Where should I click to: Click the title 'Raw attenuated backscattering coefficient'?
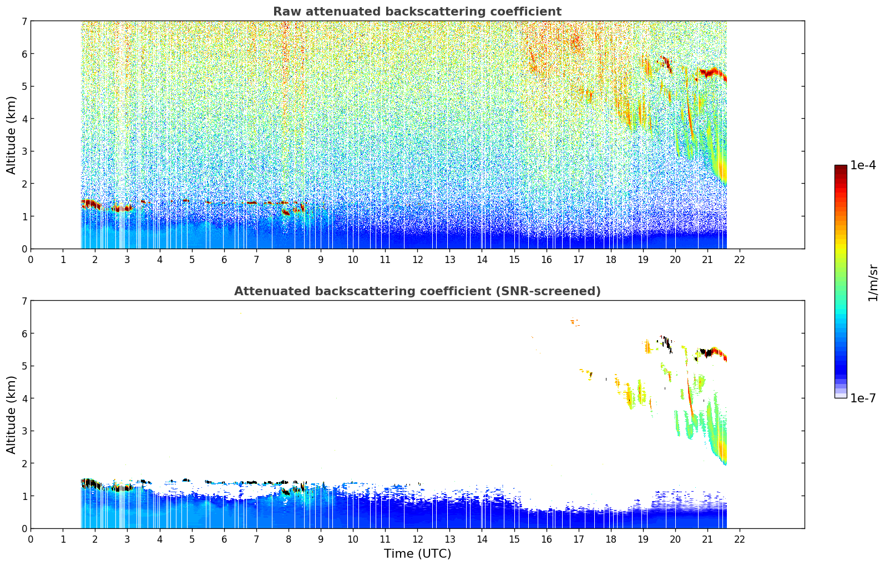pyautogui.click(x=417, y=12)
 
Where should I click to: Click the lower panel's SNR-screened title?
pyautogui.click(x=417, y=291)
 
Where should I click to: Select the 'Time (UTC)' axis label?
pyautogui.click(x=417, y=554)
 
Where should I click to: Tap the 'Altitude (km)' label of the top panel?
pyautogui.click(x=12, y=135)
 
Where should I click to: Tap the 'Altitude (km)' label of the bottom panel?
pyautogui.click(x=12, y=415)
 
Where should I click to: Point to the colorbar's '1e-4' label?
pyautogui.click(x=863, y=165)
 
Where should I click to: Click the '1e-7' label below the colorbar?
pyautogui.click(x=863, y=398)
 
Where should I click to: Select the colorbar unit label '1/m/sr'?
pyautogui.click(x=873, y=283)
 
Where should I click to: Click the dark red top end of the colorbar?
pyautogui.click(x=841, y=168)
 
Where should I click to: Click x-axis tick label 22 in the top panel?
pyautogui.click(x=740, y=260)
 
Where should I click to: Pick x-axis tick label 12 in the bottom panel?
pyautogui.click(x=417, y=539)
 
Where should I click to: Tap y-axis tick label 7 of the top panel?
pyautogui.click(x=24, y=21)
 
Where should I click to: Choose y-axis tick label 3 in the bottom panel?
pyautogui.click(x=24, y=431)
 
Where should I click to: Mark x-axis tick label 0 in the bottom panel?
pyautogui.click(x=31, y=539)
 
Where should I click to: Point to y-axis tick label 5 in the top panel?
pyautogui.click(x=24, y=86)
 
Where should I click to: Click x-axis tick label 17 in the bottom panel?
pyautogui.click(x=579, y=539)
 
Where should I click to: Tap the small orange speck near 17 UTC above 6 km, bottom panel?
pyautogui.click(x=573, y=321)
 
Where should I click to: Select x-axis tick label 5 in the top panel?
pyautogui.click(x=192, y=260)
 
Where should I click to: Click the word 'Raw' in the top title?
pyautogui.click(x=286, y=12)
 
